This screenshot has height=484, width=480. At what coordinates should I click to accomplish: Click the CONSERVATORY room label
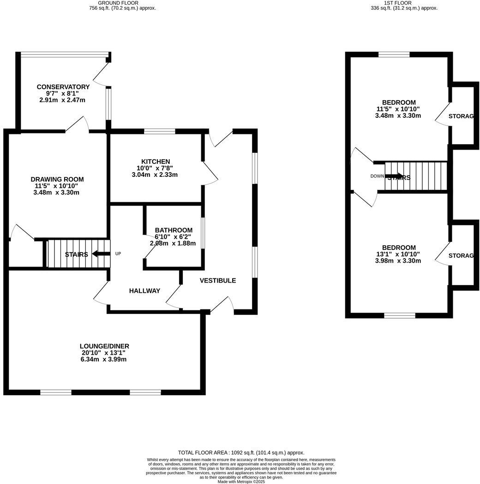coord(63,87)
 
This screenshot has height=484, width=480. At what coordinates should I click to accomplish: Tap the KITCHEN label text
coord(143,161)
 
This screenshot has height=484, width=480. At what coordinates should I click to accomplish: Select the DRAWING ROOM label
coord(57,179)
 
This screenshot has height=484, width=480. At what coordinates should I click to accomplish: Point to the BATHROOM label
coord(174,230)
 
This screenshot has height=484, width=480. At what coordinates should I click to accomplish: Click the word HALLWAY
coord(144,290)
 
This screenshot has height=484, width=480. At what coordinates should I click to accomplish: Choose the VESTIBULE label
coord(217,280)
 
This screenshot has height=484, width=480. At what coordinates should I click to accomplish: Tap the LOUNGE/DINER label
coord(104,346)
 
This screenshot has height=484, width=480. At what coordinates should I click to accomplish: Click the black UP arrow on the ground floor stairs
coord(101,254)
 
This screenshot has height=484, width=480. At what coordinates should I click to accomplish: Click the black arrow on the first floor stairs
coord(394,176)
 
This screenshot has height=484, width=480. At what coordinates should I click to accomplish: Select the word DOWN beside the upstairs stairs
coord(377,176)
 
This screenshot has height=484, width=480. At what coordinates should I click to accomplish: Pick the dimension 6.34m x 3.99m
coord(103,359)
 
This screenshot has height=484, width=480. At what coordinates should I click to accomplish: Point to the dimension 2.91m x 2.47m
coord(62,100)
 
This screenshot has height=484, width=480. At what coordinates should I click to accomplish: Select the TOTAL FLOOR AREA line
coord(241,453)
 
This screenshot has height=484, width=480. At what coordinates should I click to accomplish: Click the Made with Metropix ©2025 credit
coord(241,481)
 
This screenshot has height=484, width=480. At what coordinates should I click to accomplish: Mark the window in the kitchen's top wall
coord(159,132)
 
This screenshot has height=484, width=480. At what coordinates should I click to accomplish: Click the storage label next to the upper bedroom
coord(461,116)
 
